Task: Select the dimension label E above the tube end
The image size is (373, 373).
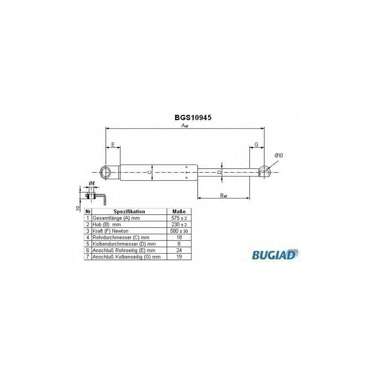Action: [x=113, y=145]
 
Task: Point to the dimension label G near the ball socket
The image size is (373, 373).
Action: [x=257, y=145]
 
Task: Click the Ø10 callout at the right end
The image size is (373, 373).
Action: [x=279, y=155]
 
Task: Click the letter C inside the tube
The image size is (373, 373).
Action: [x=150, y=172]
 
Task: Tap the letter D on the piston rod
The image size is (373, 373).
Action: [x=220, y=172]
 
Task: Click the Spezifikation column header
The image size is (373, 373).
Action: [x=129, y=211]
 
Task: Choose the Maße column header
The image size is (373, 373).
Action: [x=179, y=211]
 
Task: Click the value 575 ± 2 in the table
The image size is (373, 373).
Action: [x=179, y=218]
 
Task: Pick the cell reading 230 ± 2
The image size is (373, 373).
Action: [x=179, y=224]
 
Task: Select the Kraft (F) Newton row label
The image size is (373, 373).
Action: [x=111, y=230]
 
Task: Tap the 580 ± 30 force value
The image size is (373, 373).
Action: [x=179, y=230]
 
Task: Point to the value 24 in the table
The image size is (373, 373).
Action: [x=179, y=250]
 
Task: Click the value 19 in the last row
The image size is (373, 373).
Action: [x=179, y=257]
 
